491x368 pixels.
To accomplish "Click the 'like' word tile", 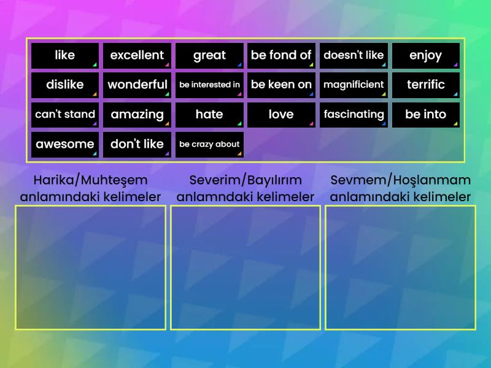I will click(64, 55).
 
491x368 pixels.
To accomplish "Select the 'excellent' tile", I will click(137, 55).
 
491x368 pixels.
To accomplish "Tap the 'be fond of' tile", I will click(281, 55).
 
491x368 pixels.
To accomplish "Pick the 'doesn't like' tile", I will click(354, 55).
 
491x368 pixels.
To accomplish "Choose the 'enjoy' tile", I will click(425, 55).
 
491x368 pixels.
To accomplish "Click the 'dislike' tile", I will click(64, 85).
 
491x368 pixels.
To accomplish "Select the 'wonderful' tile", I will click(137, 85).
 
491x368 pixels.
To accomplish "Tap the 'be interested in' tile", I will click(209, 85).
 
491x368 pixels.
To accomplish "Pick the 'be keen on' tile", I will click(281, 85).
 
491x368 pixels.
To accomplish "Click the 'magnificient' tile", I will click(354, 85).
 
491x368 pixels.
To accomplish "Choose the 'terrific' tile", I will click(425, 85).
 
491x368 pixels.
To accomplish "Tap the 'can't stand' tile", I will click(64, 114).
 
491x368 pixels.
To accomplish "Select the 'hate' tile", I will click(209, 114).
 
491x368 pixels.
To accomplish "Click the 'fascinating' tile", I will click(354, 114).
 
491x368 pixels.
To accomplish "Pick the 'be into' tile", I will click(425, 114).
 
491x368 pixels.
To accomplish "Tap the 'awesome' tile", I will click(64, 144).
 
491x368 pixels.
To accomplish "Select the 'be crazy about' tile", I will click(209, 144).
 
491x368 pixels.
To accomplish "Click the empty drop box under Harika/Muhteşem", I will click(91, 267).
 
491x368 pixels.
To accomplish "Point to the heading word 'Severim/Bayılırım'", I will click(245, 180).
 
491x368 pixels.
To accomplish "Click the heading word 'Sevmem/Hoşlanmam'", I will click(400, 180).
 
